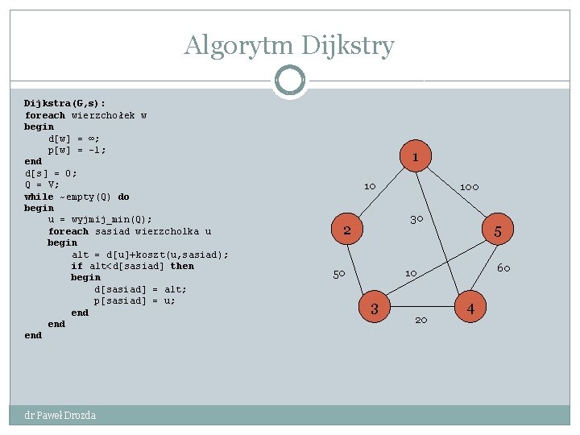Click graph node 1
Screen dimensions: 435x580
(x=415, y=157)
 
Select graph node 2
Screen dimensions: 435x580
(x=346, y=231)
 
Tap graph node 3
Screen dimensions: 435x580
(x=374, y=308)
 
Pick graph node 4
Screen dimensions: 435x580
(x=470, y=308)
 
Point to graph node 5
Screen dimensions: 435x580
(x=498, y=232)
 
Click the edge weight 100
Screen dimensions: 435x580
(x=469, y=187)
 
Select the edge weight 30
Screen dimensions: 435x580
(x=416, y=219)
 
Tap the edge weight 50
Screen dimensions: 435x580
(x=339, y=274)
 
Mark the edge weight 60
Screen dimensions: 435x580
(x=503, y=268)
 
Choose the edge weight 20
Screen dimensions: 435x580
(x=420, y=321)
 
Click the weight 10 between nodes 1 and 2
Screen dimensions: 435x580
(x=369, y=187)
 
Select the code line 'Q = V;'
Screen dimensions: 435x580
(x=42, y=184)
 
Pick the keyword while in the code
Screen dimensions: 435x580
(x=39, y=197)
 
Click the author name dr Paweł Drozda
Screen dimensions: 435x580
(x=60, y=416)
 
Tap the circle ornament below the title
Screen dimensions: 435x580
(x=289, y=81)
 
